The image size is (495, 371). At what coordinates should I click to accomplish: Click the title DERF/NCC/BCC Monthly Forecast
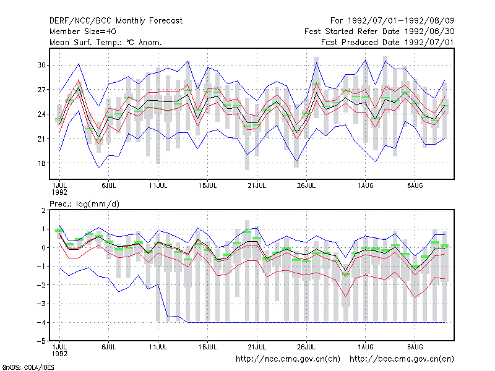click(116, 21)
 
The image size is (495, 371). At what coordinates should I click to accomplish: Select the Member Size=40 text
click(83, 32)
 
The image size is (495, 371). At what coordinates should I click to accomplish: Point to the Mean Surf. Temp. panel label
click(106, 42)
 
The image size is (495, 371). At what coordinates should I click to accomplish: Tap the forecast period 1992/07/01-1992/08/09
click(392, 21)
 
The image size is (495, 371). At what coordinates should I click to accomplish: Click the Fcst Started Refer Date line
click(379, 32)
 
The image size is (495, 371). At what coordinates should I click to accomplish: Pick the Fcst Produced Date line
click(388, 42)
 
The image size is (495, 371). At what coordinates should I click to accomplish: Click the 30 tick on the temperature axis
click(41, 65)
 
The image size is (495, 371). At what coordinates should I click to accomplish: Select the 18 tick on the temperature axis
click(41, 163)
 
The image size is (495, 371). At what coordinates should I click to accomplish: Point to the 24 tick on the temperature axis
click(41, 114)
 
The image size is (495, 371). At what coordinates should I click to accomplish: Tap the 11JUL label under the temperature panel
click(158, 185)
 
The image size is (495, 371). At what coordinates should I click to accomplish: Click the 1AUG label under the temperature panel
click(366, 185)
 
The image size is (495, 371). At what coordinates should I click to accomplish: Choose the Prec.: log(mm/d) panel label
click(85, 204)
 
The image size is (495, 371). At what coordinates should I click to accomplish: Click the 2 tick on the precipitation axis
click(43, 210)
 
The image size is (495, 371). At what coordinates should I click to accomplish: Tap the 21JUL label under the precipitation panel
click(257, 347)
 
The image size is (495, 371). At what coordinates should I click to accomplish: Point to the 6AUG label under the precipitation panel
click(415, 347)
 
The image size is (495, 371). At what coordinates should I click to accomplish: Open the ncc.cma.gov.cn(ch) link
click(288, 359)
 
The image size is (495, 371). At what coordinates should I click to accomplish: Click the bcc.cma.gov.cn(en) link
click(402, 359)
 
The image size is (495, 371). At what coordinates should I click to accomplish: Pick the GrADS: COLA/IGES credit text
click(28, 367)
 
